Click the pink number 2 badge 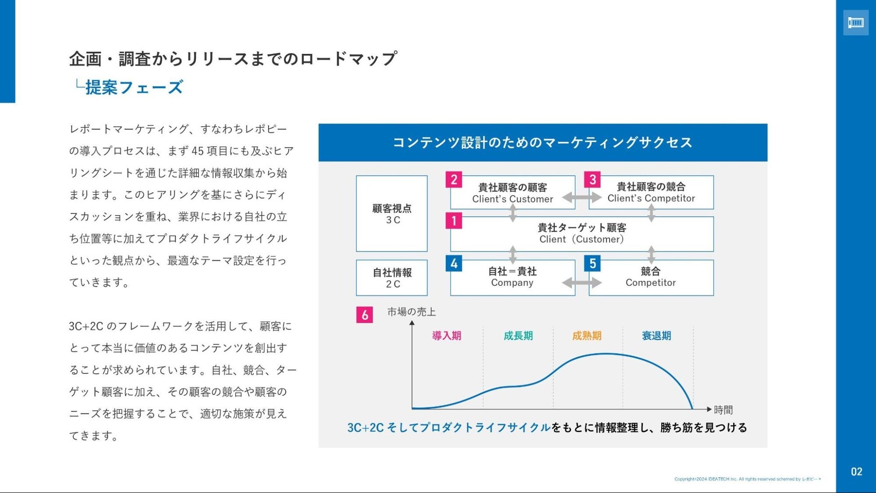(x=454, y=180)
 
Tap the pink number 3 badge (x=593, y=180)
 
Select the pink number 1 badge (x=454, y=221)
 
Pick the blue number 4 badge (x=454, y=263)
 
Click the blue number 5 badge (x=593, y=263)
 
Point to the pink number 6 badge (x=364, y=315)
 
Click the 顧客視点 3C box (x=392, y=213)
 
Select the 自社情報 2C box (x=392, y=278)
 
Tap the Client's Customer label (x=512, y=199)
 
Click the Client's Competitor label (x=651, y=198)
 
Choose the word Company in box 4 (x=512, y=283)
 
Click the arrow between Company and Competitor (x=582, y=283)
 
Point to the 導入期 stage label (x=447, y=336)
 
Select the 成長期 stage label (x=518, y=336)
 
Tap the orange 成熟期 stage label (x=587, y=336)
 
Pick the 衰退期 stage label (x=656, y=336)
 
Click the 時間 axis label (x=723, y=410)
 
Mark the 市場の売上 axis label (x=411, y=312)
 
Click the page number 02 (x=856, y=472)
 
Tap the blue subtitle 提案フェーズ (x=134, y=87)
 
